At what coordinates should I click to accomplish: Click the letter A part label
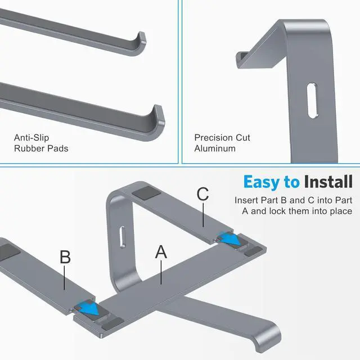click(x=161, y=252)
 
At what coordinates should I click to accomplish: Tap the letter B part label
click(x=65, y=257)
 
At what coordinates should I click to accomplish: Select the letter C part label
click(x=203, y=194)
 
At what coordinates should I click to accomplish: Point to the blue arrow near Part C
click(x=230, y=238)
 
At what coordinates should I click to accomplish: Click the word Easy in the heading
click(x=261, y=182)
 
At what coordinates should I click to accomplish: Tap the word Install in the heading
click(x=328, y=182)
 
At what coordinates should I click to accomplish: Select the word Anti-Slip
click(x=31, y=138)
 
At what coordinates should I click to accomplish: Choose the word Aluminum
click(x=215, y=148)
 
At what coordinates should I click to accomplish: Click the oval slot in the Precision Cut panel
click(x=313, y=100)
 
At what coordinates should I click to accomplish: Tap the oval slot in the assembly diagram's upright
click(x=123, y=237)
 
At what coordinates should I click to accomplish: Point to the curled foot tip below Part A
click(x=269, y=336)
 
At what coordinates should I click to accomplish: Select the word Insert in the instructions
click(x=246, y=200)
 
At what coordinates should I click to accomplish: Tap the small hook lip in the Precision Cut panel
click(x=241, y=60)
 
